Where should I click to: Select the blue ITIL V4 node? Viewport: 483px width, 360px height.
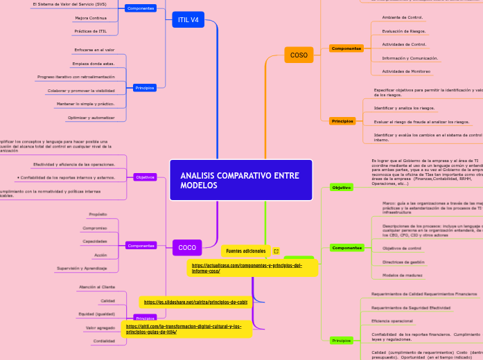188,20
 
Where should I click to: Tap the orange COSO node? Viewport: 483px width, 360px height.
299,55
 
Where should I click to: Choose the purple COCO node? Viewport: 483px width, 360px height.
187,247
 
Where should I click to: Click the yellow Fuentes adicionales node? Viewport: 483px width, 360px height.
246,251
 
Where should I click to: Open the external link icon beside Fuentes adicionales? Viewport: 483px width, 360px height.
276,251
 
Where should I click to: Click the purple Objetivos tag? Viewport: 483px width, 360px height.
146,177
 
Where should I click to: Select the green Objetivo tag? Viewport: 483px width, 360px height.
341,188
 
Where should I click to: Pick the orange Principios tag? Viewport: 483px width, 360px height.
342,121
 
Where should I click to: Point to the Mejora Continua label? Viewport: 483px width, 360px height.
91,18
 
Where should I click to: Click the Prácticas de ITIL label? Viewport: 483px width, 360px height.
91,31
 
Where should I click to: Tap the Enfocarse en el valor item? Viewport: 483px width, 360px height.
94,50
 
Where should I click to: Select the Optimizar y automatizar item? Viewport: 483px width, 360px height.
91,118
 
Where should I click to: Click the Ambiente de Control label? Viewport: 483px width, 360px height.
403,17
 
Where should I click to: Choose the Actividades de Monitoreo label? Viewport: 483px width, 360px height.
406,71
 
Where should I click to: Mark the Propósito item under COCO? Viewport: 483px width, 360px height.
98,215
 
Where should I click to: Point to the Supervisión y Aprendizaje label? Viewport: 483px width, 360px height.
82,268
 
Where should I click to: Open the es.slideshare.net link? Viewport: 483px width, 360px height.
195,302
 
